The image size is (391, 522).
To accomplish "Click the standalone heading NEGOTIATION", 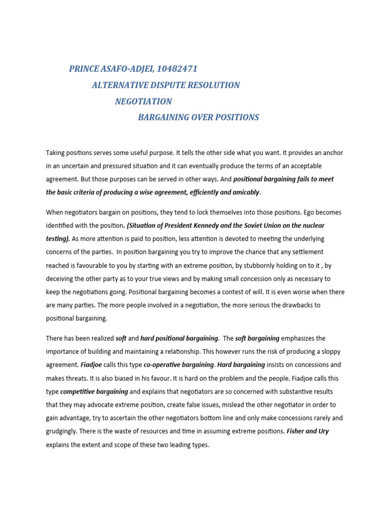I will click(x=144, y=101).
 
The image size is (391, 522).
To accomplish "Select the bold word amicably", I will click(x=242, y=192).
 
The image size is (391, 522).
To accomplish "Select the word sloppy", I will click(x=316, y=351).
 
